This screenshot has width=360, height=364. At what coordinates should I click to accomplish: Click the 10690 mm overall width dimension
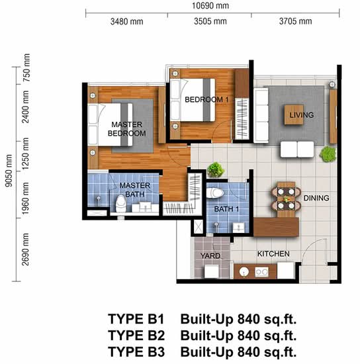coord(210,5)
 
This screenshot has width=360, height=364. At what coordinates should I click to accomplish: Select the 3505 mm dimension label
coord(210,21)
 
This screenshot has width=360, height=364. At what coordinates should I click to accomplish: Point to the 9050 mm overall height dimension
coord(9,171)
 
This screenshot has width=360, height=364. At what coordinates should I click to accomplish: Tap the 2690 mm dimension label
coord(25,250)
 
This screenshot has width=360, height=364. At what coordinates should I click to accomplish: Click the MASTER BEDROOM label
coord(127,129)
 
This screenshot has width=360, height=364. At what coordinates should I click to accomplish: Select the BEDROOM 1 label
coord(206,99)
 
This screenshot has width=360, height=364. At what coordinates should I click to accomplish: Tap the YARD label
coord(210,256)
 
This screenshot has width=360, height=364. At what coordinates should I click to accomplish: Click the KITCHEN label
coord(273,253)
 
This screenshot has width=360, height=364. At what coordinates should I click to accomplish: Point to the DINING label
coord(316,198)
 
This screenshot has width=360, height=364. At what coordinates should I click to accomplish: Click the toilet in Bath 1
coord(215,193)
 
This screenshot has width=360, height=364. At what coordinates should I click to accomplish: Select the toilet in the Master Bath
coord(121,204)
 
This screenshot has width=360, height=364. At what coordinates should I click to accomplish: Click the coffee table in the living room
coord(294,114)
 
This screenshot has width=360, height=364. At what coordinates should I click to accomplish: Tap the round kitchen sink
coord(244,271)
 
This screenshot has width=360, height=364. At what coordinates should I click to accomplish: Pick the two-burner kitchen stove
coord(261,272)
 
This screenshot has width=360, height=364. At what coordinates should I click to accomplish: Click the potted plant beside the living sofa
coord(328,154)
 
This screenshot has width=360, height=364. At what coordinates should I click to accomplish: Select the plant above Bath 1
coord(216,169)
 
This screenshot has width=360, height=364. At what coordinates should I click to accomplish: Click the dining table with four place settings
coord(286,199)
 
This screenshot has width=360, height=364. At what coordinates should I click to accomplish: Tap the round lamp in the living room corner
coord(332,84)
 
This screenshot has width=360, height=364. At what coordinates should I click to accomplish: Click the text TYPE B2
coord(136,336)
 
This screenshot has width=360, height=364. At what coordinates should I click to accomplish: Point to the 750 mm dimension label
coord(26,68)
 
